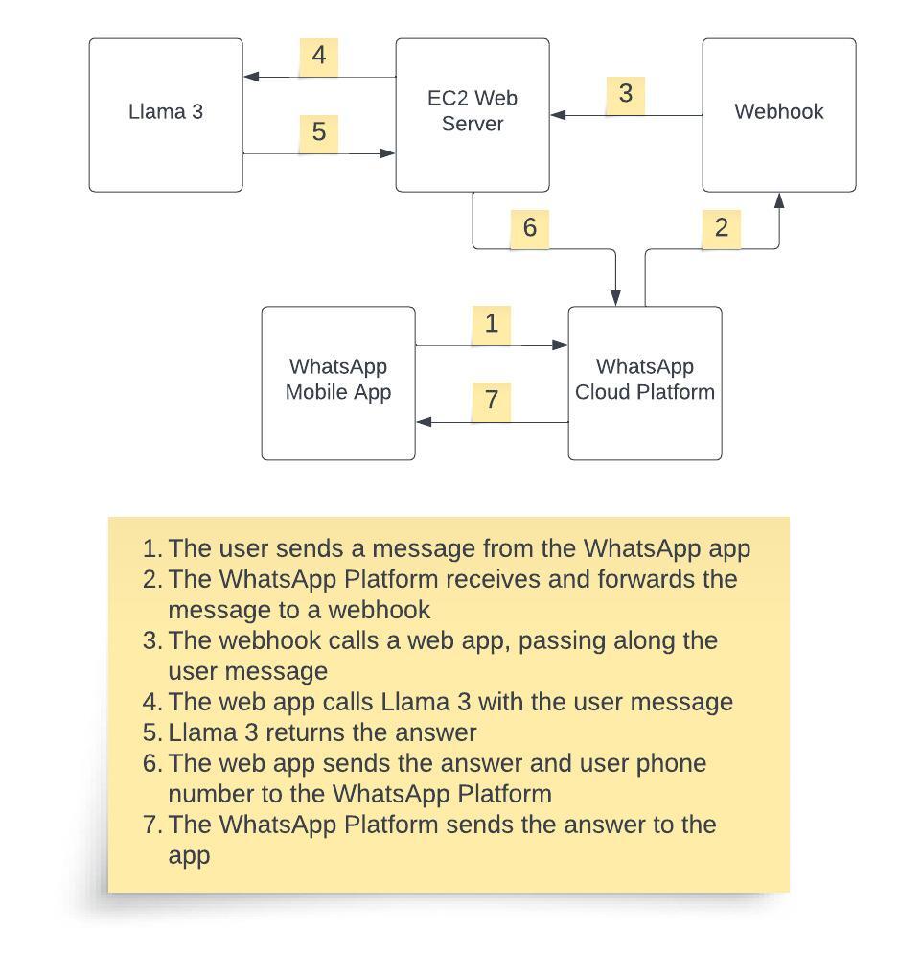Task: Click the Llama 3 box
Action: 166,115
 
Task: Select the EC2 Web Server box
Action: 473,115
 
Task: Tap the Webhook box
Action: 778,115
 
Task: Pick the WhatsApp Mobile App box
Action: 338,383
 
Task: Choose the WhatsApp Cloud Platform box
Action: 645,383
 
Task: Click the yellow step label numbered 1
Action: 492,324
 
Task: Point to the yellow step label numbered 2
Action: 722,228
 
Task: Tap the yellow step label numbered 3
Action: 626,94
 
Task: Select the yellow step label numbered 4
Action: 319,56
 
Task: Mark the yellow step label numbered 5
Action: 319,131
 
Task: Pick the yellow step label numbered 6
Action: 530,228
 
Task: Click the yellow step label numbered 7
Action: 492,400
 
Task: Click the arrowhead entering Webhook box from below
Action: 779,199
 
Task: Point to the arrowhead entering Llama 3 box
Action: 250,77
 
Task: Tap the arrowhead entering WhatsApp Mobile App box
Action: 423,422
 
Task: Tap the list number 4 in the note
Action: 150,703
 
